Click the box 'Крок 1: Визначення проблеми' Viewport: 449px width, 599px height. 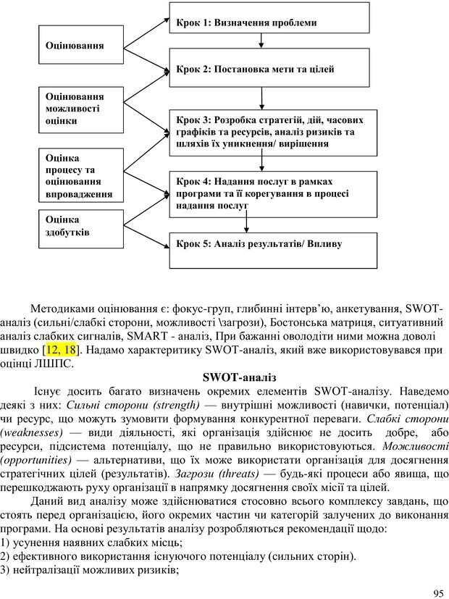(273, 22)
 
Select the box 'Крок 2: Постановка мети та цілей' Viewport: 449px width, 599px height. (273, 70)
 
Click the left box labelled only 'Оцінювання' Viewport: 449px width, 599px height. (75, 45)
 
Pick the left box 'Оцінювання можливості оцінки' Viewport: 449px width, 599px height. (75, 108)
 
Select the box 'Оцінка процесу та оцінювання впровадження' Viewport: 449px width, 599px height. (75, 175)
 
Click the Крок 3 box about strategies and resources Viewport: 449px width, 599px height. (273, 131)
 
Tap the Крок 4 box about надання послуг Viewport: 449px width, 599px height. (273, 193)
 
